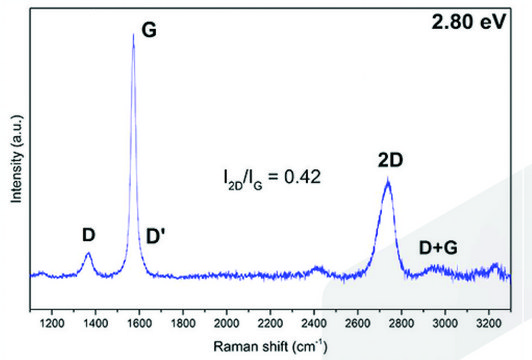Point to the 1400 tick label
[x=96, y=324]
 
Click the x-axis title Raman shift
[x=264, y=347]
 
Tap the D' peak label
[x=157, y=236]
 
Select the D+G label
[x=438, y=246]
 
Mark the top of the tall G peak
[x=133, y=35]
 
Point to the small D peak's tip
[x=88, y=253]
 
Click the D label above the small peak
[x=88, y=235]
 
